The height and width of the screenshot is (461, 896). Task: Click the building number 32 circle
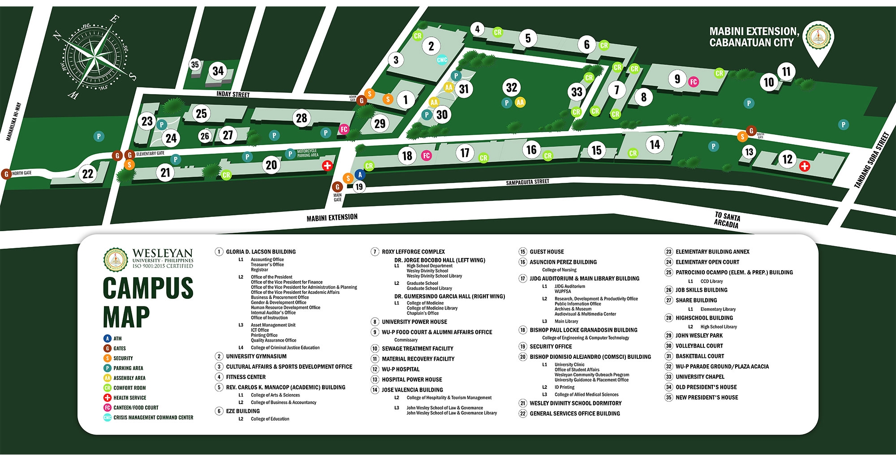point(511,87)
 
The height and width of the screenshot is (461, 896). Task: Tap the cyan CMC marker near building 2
point(442,60)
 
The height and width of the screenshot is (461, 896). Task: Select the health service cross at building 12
point(805,167)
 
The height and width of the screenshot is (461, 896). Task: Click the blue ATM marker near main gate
point(360,175)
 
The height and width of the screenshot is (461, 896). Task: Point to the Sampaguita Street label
point(527,182)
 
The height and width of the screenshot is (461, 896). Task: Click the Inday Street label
point(233,95)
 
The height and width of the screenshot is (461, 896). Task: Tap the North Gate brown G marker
point(6,174)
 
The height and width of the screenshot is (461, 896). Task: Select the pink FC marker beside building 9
point(694,82)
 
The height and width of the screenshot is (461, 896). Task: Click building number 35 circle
point(195,65)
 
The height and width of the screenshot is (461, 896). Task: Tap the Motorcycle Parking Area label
point(307,154)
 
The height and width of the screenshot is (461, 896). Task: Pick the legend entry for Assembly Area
point(129,378)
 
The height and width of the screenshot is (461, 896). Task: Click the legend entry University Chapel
point(700,377)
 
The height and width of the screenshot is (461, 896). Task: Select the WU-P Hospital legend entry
point(400,369)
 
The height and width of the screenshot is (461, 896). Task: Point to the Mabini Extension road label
point(332,218)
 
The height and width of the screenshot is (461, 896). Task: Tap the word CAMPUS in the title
point(148,289)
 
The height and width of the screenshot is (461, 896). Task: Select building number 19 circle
point(359,187)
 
